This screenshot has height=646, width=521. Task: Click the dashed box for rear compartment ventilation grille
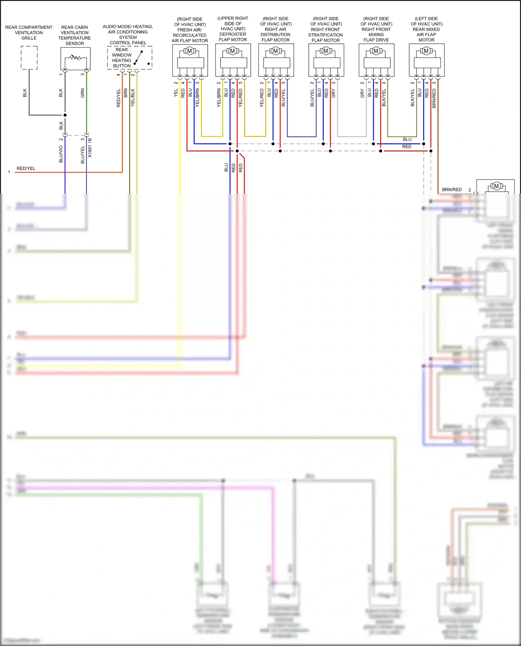29,58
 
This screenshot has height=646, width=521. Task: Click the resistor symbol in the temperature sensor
75,57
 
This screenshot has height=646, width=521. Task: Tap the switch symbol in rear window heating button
139,58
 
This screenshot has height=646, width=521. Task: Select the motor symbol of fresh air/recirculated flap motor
190,51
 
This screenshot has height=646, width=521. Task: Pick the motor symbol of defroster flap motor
233,51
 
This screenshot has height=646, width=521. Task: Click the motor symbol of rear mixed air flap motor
426,51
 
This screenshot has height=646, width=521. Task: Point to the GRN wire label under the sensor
83,93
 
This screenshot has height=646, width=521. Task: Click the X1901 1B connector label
90,148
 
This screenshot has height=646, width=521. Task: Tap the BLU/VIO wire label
61,154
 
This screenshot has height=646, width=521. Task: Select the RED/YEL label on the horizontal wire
26,168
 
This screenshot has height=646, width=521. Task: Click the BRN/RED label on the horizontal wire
452,190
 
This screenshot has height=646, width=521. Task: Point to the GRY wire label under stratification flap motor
333,93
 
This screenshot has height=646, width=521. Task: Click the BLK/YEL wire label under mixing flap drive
384,98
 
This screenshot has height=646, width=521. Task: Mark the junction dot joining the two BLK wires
65,115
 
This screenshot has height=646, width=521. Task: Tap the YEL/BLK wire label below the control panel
133,98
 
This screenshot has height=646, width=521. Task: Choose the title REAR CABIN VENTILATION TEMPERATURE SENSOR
75,35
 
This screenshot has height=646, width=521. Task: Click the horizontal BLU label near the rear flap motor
407,140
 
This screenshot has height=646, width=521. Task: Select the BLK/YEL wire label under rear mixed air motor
413,98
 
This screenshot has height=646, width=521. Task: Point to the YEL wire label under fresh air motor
176,93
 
